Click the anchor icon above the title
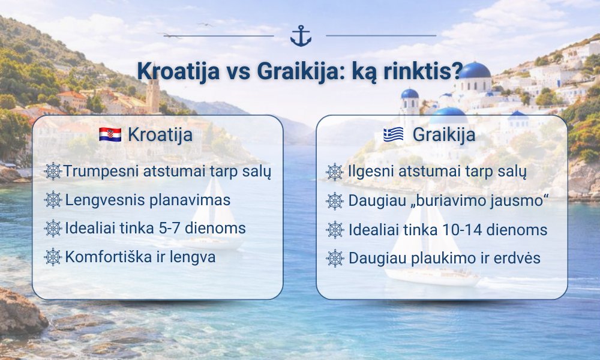pos(301,36)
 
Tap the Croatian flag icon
pos(110,134)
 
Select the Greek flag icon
pos(394,134)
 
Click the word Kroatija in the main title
pos(178,71)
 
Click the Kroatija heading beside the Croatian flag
pos(160,134)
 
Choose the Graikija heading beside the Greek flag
pos(444,134)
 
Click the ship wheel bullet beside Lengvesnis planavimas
pos(53,200)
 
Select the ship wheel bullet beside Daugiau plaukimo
pos(335,258)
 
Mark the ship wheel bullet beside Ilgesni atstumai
pos(335,172)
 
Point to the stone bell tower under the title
pos(152,95)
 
